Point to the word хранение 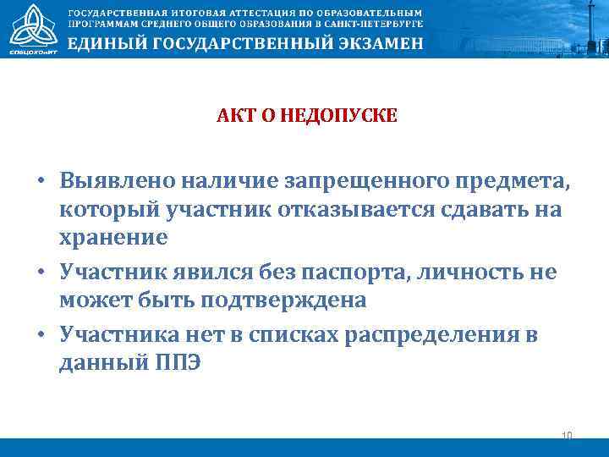[113, 238]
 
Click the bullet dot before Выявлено [40, 180]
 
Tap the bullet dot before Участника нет [40, 334]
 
